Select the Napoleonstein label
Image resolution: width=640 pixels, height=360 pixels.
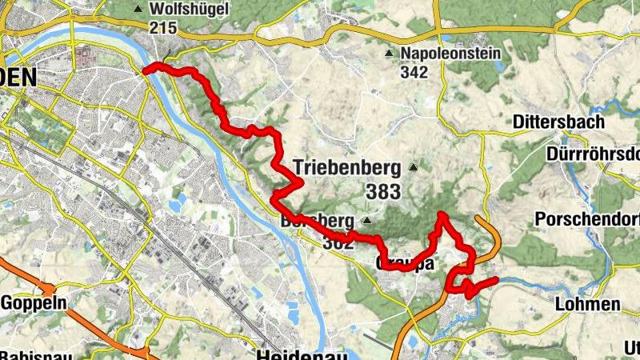pyautogui.click(x=450, y=54)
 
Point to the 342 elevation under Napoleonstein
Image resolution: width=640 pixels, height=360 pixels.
pyautogui.click(x=415, y=72)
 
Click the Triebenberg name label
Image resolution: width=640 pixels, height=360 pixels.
pyautogui.click(x=346, y=167)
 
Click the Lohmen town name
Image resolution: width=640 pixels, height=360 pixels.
pyautogui.click(x=587, y=304)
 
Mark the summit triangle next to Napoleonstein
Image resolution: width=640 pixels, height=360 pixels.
pyautogui.click(x=389, y=54)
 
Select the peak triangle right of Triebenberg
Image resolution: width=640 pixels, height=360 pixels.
pyautogui.click(x=413, y=167)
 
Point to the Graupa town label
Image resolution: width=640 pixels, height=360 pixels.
pyautogui.click(x=404, y=263)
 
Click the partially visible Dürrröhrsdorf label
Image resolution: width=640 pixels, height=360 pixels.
pyautogui.click(x=591, y=153)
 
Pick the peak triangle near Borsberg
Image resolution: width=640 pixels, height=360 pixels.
pyautogui.click(x=366, y=220)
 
